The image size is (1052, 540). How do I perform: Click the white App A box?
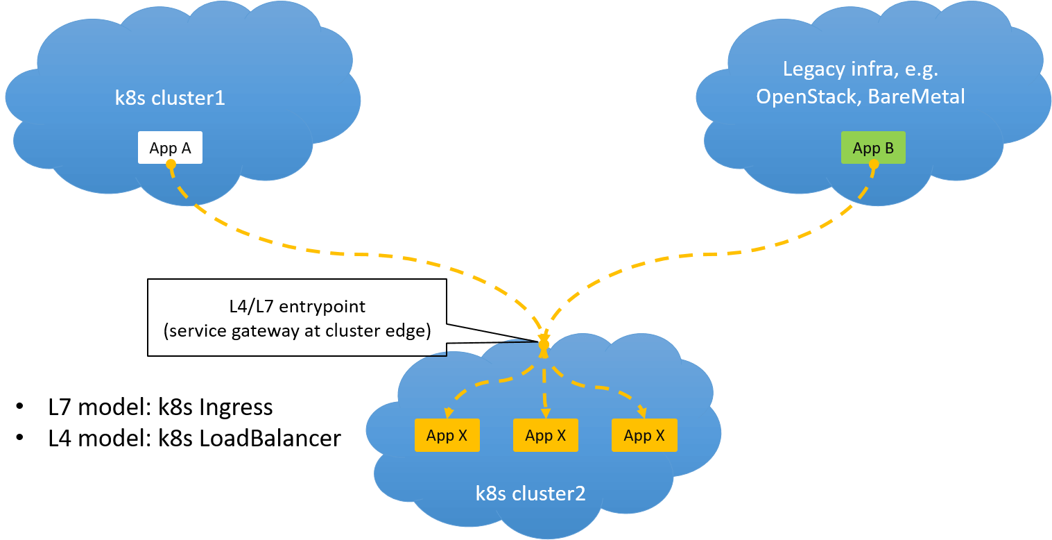[x=170, y=148]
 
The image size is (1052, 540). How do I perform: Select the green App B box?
[x=873, y=148]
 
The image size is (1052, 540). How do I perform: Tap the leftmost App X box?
[x=447, y=436]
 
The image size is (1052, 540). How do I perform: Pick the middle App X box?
[x=545, y=436]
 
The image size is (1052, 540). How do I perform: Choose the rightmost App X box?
[x=644, y=436]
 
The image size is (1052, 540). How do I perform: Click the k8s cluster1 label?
[x=170, y=98]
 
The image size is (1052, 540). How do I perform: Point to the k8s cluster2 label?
[x=531, y=493]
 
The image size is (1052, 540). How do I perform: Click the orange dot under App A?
[x=171, y=164]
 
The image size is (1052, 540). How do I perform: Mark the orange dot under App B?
[x=874, y=164]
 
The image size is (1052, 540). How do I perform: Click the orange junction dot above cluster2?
[x=544, y=344]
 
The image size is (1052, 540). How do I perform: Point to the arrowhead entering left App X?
[x=449, y=414]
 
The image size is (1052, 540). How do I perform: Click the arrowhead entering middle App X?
[x=545, y=413]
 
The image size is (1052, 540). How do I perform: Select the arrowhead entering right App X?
[x=642, y=413]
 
